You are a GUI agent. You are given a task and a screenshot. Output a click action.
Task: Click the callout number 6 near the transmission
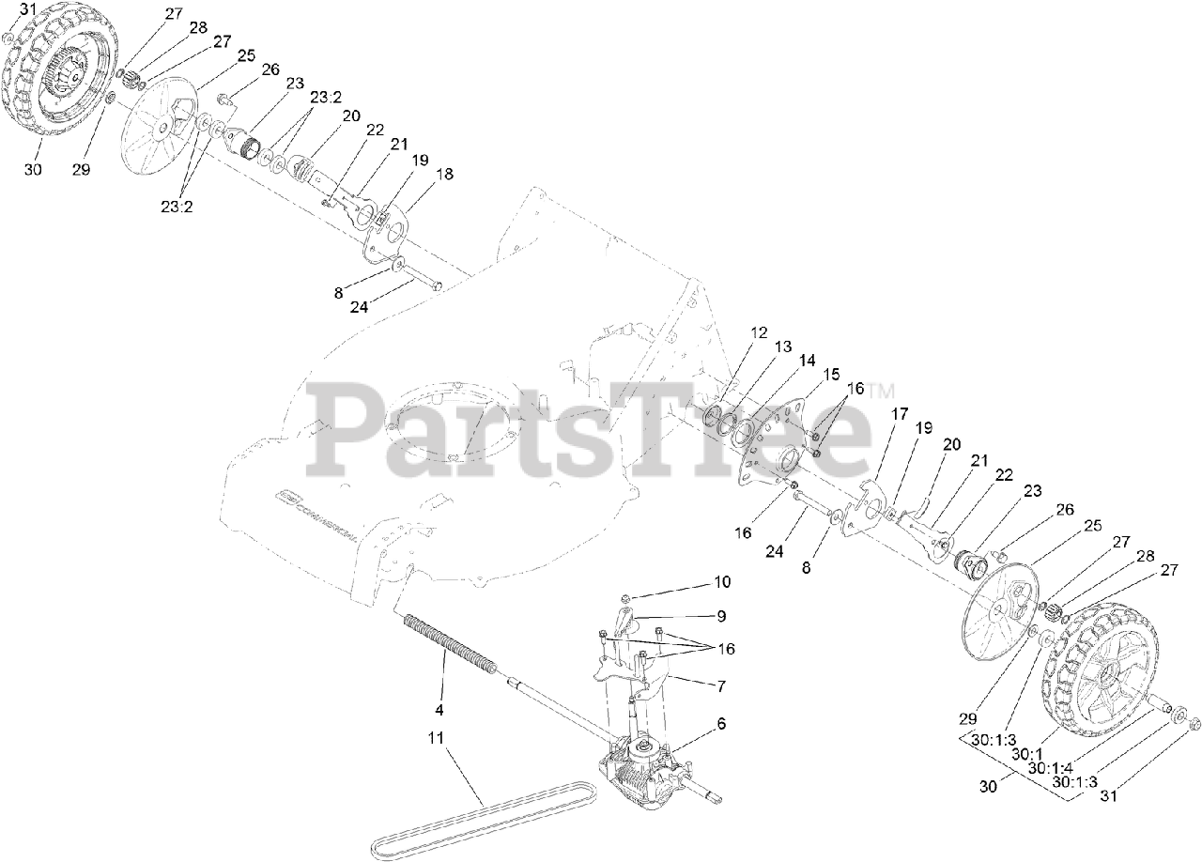pos(721,724)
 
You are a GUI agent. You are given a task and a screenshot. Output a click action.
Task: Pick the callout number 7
pos(721,686)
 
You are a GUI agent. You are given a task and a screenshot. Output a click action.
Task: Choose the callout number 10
pos(721,582)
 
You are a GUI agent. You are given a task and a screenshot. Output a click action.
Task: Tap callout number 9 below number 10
pos(721,616)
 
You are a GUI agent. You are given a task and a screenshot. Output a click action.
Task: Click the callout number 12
pos(759,332)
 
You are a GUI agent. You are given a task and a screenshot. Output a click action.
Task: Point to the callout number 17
pos(900,413)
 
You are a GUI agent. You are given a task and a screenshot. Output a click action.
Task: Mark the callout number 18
pos(444,174)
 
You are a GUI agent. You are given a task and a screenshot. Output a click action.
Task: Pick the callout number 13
pos(782,347)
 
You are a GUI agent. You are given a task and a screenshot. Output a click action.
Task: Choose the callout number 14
pos(807,361)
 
